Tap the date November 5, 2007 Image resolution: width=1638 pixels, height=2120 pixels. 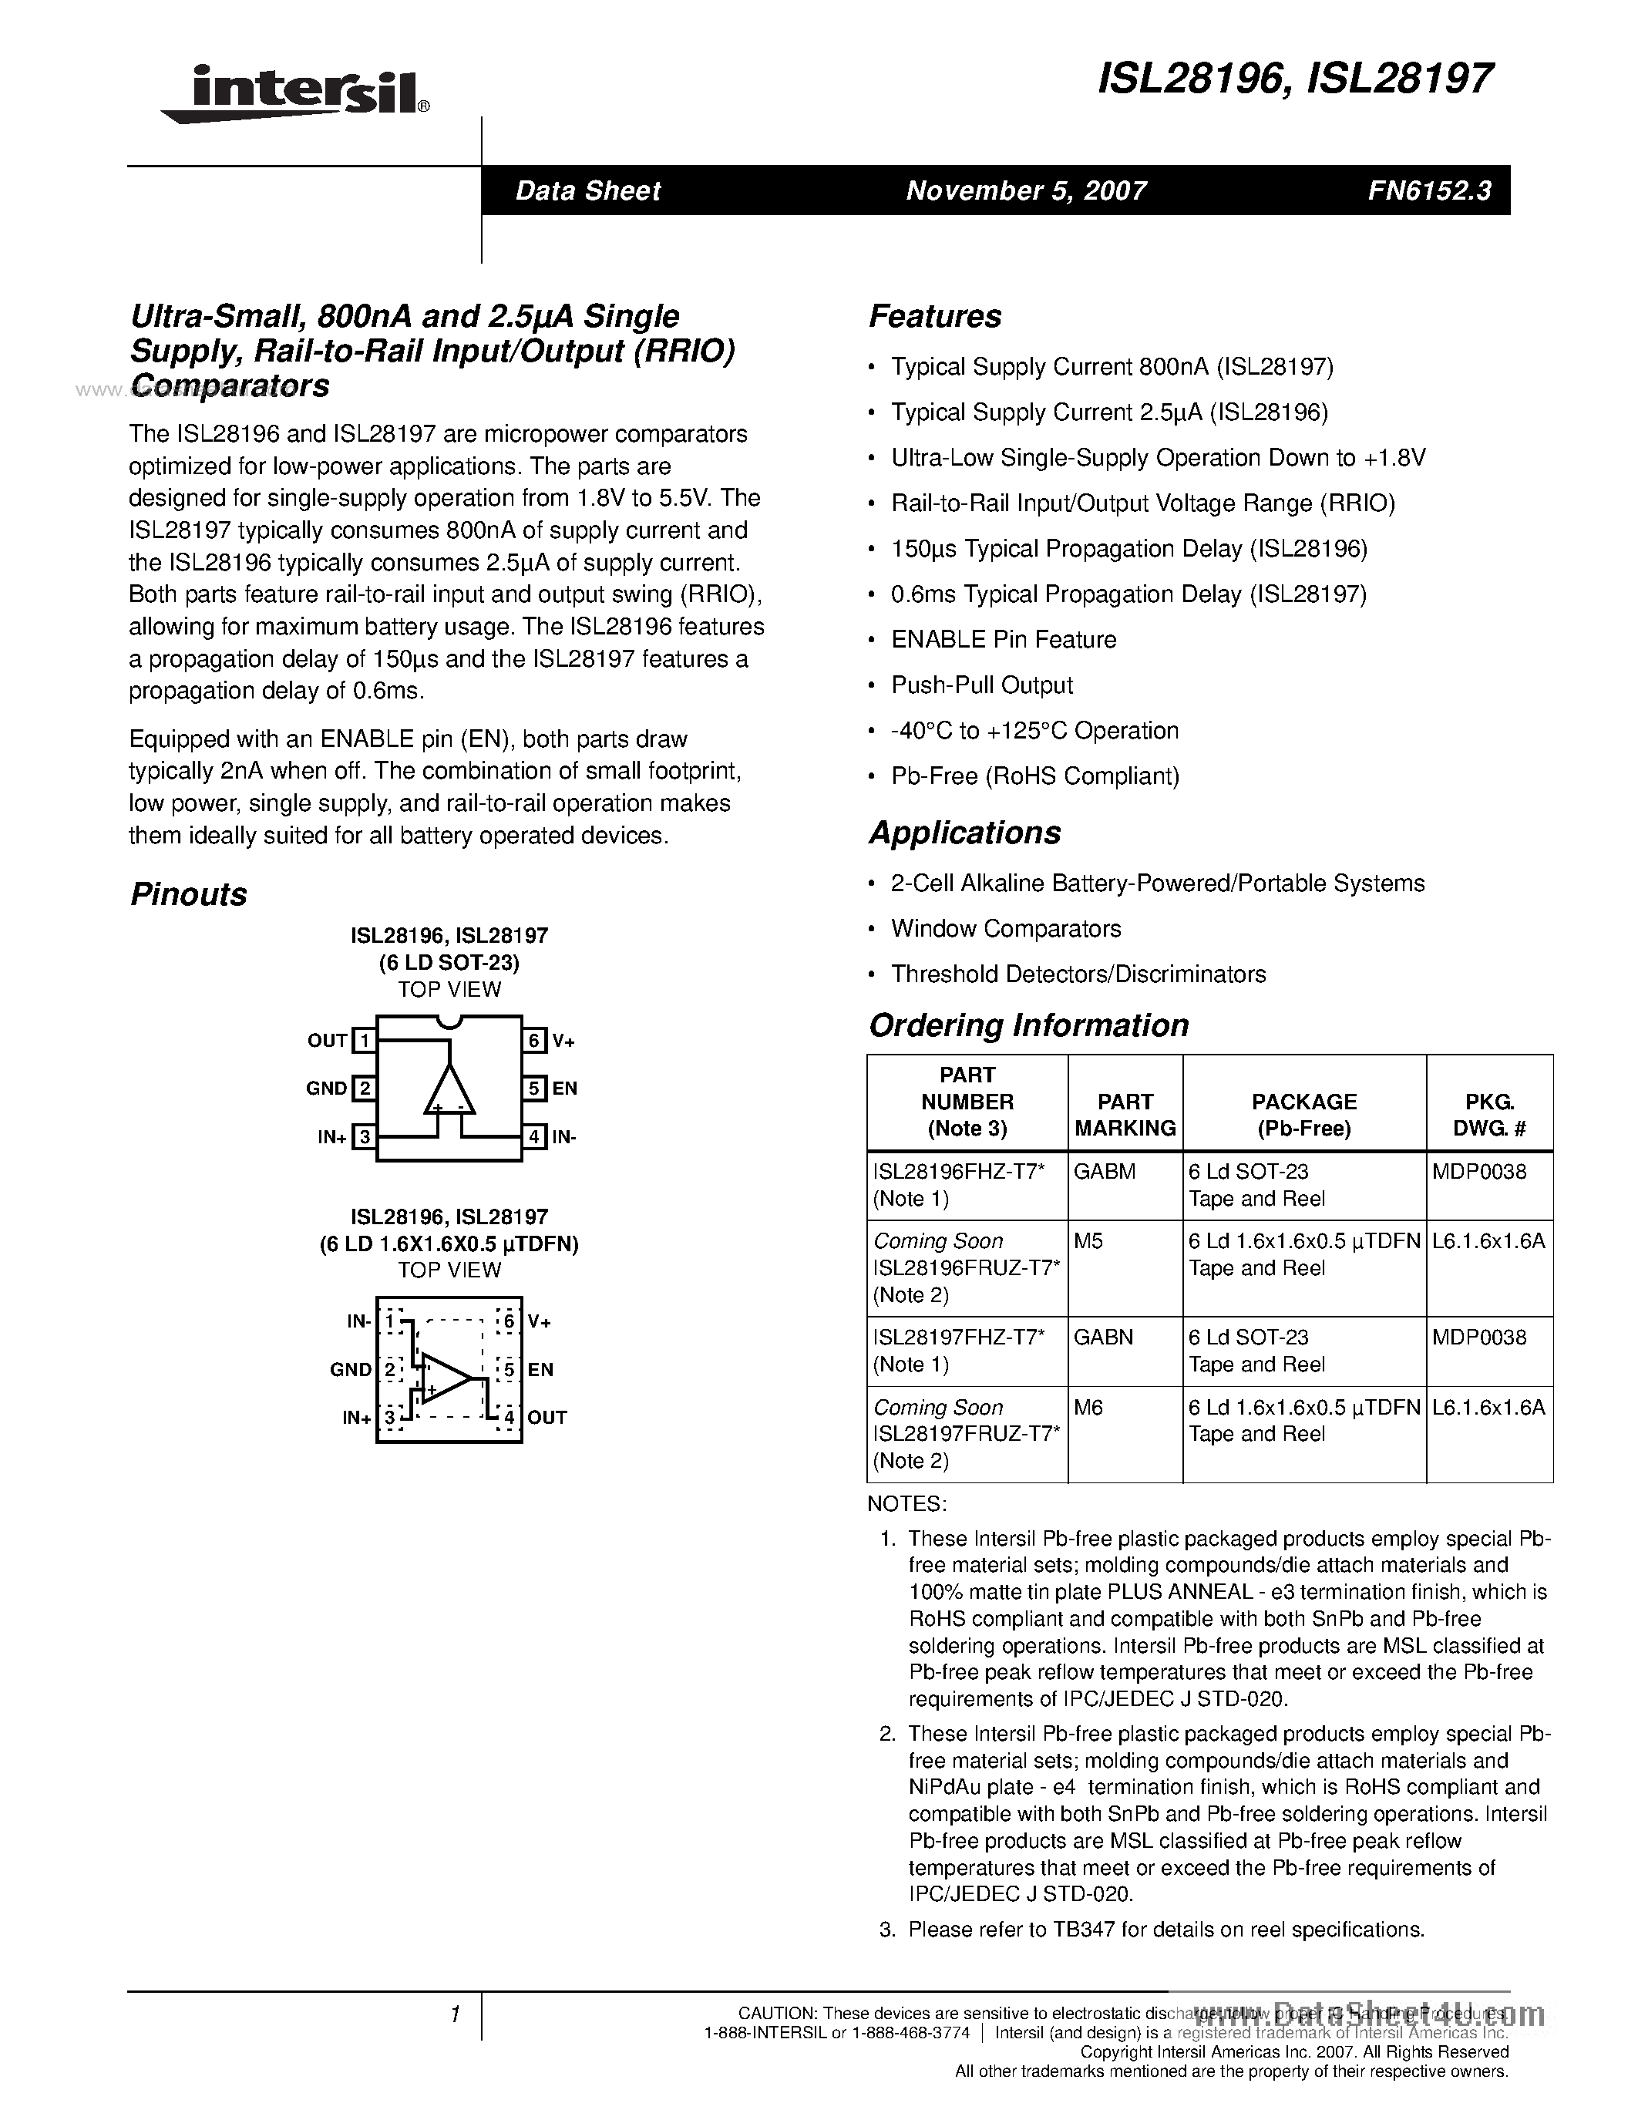coord(1026,190)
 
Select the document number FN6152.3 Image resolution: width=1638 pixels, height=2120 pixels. coord(1429,190)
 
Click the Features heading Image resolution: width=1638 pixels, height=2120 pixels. coord(934,316)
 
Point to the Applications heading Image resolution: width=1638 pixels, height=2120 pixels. coord(964,833)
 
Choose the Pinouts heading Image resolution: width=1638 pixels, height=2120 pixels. coord(188,894)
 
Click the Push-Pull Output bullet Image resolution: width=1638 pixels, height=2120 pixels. coord(981,685)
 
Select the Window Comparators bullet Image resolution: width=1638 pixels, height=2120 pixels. coord(1005,929)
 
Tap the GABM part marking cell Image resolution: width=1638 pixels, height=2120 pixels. coord(1105,1172)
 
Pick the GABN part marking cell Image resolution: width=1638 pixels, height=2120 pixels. coord(1105,1338)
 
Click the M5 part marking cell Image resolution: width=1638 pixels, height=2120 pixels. coord(1088,1240)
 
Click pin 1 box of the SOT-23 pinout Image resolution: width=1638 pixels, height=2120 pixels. coord(364,1041)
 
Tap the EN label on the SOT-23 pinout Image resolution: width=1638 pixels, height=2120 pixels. coord(565,1089)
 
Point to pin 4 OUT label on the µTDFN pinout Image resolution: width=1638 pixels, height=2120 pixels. coord(547,1417)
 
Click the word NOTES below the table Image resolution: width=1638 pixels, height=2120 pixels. coord(906,1503)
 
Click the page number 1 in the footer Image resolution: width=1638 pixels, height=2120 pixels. coord(454,2014)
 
